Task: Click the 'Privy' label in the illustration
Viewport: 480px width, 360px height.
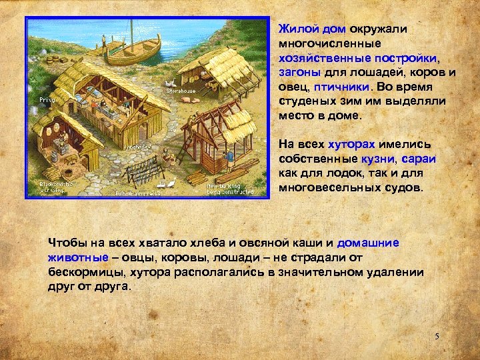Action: pyautogui.click(x=46, y=99)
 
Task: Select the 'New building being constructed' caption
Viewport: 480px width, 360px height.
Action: pyautogui.click(x=230, y=189)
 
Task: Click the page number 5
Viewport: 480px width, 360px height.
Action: pyautogui.click(x=437, y=336)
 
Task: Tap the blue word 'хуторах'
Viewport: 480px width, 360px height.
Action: pyautogui.click(x=352, y=144)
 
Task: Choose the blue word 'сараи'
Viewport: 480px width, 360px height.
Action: pyautogui.click(x=418, y=159)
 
